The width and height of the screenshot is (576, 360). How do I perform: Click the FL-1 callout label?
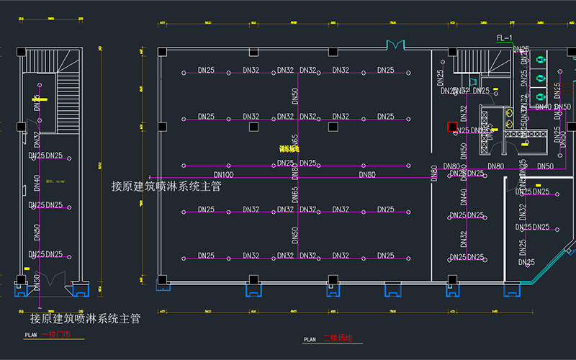pos(504,37)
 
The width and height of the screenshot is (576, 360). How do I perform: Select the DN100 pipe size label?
pos(224,174)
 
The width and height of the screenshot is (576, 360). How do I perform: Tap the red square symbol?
pos(452,127)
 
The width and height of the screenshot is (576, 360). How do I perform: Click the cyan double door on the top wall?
pos(395,45)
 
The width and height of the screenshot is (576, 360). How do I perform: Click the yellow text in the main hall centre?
pos(289,148)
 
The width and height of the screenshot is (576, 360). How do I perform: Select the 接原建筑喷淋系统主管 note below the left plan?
pos(85,318)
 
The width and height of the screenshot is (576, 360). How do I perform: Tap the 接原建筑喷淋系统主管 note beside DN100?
pos(166,186)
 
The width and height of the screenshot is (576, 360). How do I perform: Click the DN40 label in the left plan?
pos(36,184)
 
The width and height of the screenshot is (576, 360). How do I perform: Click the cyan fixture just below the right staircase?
pos(473,81)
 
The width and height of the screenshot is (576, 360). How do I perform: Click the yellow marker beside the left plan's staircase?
pos(43,99)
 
